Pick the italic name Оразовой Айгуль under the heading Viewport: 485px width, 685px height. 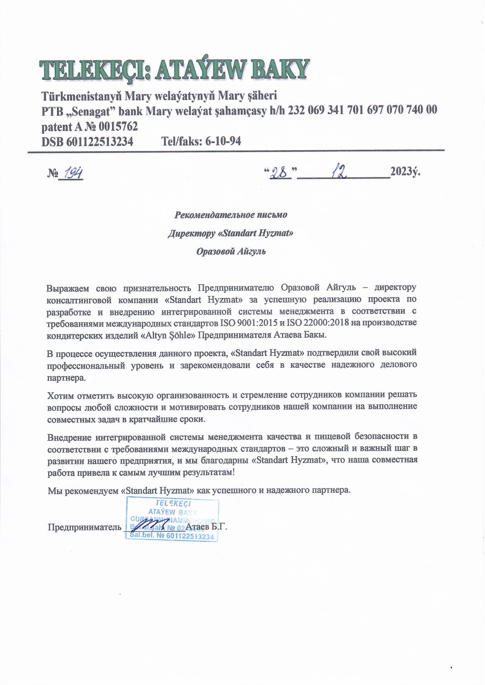click(x=231, y=252)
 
